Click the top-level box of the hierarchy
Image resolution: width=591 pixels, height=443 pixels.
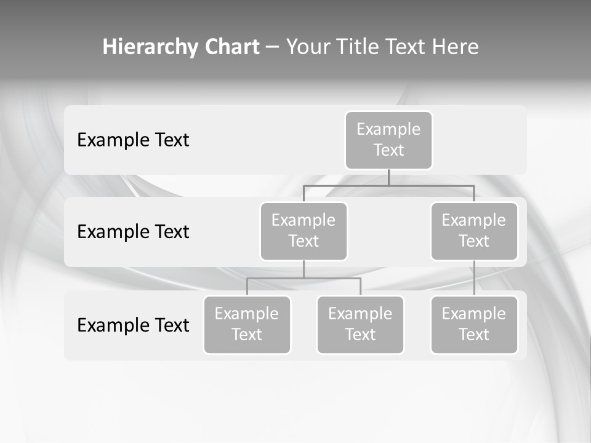coord(388,140)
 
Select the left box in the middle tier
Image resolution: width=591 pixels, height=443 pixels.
coord(304,231)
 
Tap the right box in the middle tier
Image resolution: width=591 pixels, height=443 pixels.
coord(474,231)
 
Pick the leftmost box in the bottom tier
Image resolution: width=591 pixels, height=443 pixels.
coord(247,325)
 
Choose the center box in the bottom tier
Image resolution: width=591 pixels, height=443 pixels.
coord(360,325)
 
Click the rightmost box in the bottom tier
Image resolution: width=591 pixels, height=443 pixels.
coord(474,325)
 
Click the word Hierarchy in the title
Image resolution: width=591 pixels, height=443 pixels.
coord(150,47)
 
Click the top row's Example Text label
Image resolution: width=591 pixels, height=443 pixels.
coord(133,140)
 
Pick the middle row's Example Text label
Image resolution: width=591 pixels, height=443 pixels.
coord(133,232)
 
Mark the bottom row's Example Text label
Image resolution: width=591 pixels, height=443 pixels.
coord(133,325)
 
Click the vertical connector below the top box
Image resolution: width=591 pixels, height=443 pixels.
coord(388,177)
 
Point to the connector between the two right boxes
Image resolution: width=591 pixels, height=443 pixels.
coord(474,278)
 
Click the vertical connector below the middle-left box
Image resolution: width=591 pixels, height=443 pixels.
coord(304,269)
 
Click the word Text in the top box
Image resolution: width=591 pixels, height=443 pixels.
coord(388,150)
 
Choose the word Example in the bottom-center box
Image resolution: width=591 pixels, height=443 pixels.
coord(360,314)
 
